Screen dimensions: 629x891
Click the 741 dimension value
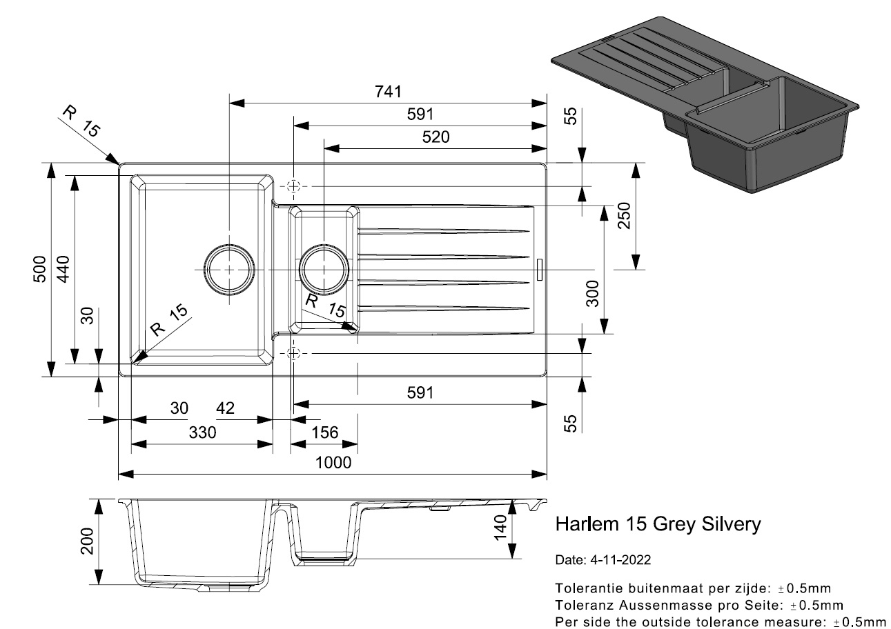pyautogui.click(x=388, y=92)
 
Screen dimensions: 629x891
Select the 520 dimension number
pyautogui.click(x=435, y=137)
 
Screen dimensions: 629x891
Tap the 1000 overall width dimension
pyautogui.click(x=334, y=462)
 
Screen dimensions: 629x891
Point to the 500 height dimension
pyautogui.click(x=39, y=269)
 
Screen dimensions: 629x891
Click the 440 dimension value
pyautogui.click(x=63, y=269)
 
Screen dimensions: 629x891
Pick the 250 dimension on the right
pyautogui.click(x=623, y=216)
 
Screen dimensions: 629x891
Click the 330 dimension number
pyautogui.click(x=202, y=432)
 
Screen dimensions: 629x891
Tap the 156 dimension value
pyautogui.click(x=325, y=432)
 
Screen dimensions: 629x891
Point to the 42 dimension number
pyautogui.click(x=225, y=408)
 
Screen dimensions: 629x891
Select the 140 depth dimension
pyautogui.click(x=500, y=528)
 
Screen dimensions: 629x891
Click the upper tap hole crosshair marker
pyautogui.click(x=294, y=186)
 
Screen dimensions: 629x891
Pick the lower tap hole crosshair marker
pyautogui.click(x=294, y=353)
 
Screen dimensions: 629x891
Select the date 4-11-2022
pyautogui.click(x=620, y=559)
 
